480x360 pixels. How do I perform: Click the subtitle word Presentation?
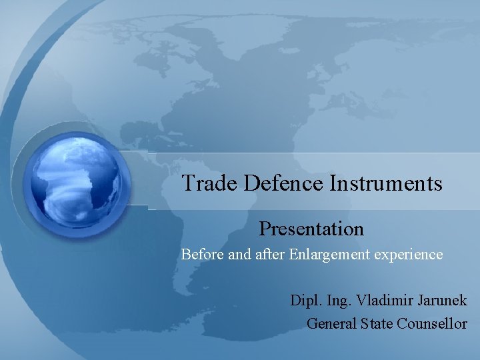tap(311, 229)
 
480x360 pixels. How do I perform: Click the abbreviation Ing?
tap(340, 301)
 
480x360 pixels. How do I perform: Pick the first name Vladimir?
tap(385, 300)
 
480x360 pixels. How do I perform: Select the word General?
tap(331, 324)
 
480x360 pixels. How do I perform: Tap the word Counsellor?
tap(432, 324)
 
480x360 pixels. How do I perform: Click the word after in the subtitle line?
tap(270, 255)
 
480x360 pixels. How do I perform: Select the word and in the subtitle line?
tap(239, 255)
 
